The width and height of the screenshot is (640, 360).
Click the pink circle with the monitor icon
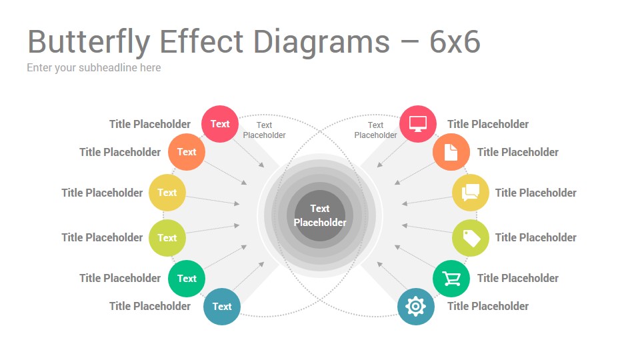pos(417,124)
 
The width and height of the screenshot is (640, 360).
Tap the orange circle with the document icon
pos(451,152)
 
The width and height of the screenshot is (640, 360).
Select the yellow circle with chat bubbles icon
pos(470,193)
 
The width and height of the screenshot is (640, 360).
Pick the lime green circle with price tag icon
pos(470,238)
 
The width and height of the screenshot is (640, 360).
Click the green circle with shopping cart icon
pos(451,279)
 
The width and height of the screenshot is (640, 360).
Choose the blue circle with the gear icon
pos(415,307)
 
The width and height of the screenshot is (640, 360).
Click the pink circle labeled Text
pos(219,124)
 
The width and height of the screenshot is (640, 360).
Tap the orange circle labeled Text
pos(187,152)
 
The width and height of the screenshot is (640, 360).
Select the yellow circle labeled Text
pos(167,193)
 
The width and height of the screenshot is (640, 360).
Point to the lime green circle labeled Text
pos(167,238)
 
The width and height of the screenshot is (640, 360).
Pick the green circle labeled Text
pos(187,279)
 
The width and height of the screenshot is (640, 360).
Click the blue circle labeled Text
pos(221,307)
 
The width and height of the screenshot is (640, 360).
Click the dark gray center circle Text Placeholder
pos(320,215)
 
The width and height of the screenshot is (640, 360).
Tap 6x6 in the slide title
pos(455,41)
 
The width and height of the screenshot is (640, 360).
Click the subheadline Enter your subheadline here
pos(94,68)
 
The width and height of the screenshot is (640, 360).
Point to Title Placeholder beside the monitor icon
pos(488,124)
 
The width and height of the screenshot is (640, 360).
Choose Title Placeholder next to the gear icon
pos(488,306)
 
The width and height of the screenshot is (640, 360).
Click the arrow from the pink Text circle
pos(249,153)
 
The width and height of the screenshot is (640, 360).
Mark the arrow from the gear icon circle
pos(392,276)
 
